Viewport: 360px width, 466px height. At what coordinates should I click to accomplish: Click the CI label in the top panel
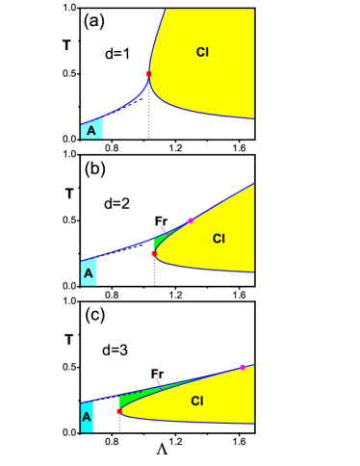point(202,52)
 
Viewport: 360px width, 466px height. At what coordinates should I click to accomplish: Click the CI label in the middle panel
point(219,239)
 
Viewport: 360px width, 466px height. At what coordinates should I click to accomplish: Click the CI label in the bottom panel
point(197,401)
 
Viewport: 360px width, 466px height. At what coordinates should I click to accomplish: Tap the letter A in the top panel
point(91,130)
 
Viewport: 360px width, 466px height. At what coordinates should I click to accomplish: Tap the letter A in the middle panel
point(89,273)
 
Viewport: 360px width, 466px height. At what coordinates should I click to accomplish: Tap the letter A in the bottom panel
point(87,417)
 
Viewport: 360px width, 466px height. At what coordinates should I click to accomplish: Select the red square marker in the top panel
point(148,73)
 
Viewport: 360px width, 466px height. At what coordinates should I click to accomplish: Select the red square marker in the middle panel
point(154,254)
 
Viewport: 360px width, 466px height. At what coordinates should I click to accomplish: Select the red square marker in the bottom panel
point(119,411)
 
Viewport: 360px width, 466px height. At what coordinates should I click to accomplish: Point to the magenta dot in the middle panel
point(191,220)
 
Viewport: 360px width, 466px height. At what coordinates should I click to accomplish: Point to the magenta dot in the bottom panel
point(243,367)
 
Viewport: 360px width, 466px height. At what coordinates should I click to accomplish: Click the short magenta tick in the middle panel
point(163,228)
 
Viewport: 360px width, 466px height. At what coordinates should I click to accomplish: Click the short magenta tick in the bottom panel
point(158,381)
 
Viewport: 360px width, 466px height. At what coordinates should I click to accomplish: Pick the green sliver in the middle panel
point(160,240)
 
